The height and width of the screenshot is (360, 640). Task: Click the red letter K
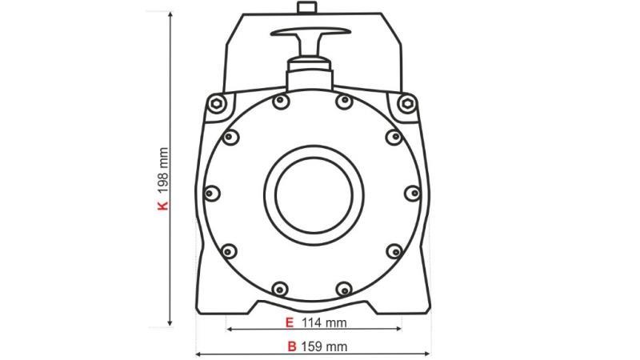tap(163, 205)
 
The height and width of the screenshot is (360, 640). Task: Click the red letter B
tap(292, 346)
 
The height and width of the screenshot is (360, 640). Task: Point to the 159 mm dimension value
tap(326, 346)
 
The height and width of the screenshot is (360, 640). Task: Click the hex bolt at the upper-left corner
tap(215, 103)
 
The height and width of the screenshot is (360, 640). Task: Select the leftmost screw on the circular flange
tap(212, 193)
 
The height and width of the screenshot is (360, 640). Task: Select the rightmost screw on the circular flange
tap(412, 193)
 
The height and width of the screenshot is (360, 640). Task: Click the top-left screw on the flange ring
tap(279, 101)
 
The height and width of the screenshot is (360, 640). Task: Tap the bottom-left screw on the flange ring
tap(279, 288)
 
